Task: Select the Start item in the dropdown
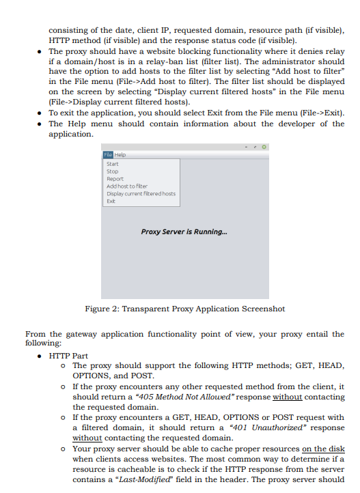point(113,164)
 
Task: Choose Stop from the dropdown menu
point(113,171)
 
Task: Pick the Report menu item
point(115,179)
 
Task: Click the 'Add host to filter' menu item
point(127,186)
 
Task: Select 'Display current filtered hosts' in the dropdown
point(141,193)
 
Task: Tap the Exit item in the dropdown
point(111,201)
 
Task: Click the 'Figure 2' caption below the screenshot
point(184,309)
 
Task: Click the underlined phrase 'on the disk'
point(323,449)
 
